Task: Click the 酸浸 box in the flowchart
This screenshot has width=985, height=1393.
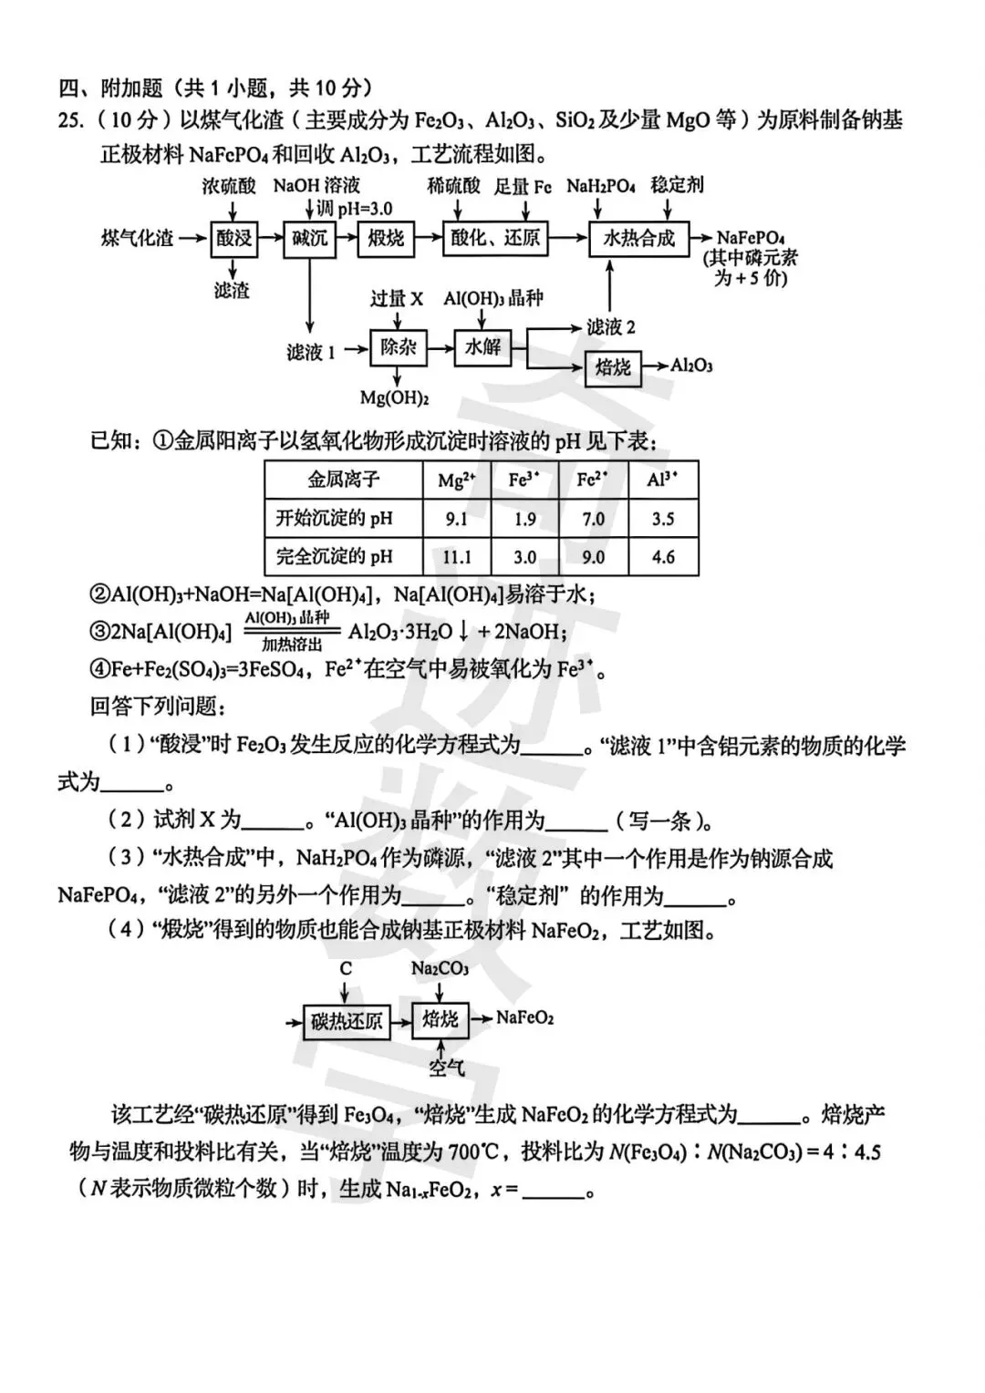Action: point(233,239)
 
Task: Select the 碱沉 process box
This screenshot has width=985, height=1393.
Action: point(309,239)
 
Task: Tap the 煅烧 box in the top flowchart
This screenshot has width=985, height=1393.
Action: point(386,239)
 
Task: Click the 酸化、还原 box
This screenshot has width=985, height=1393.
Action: point(495,239)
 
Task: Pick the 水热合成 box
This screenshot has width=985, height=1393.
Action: point(638,239)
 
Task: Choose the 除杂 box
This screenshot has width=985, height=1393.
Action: point(399,347)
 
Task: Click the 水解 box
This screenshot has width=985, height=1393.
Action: point(482,347)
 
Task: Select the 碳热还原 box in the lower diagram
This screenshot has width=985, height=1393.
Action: point(347,1020)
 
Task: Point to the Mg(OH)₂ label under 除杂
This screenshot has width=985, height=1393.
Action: point(394,397)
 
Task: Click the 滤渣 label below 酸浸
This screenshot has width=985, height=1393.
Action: point(232,291)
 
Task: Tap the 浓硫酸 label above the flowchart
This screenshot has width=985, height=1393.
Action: point(229,186)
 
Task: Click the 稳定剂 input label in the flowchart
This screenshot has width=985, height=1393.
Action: point(677,185)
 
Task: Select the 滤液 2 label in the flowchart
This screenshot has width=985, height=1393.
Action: point(610,326)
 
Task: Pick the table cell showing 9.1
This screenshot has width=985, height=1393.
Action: point(456,520)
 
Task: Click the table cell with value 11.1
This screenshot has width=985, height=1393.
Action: point(456,557)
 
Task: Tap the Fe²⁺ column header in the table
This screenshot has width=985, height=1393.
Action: point(593,480)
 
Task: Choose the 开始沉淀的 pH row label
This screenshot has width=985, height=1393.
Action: point(334,520)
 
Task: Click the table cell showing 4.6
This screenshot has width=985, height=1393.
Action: point(663,557)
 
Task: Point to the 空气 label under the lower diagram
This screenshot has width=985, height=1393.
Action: point(447,1068)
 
